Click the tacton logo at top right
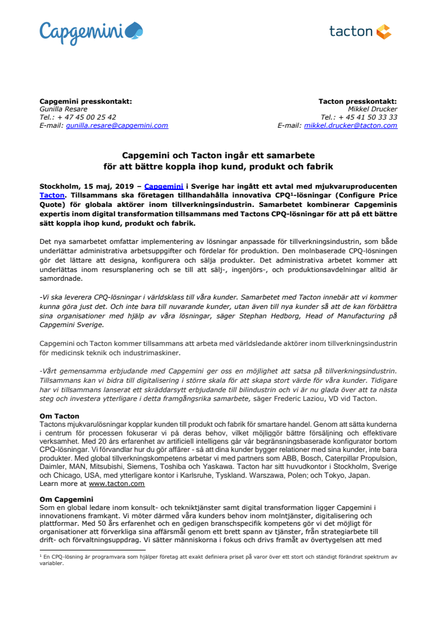360,32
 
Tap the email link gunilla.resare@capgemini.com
117,125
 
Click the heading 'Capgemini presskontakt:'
86,101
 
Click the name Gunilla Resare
64,109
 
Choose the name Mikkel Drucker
373,109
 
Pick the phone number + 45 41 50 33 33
368,117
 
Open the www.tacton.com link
117,484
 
